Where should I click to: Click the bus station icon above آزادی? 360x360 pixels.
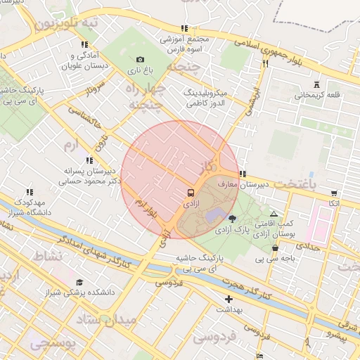(191, 192)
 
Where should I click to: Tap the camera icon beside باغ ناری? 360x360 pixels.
(140, 60)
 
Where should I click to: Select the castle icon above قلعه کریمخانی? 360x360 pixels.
(318, 84)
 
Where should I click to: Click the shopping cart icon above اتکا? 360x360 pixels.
(333, 192)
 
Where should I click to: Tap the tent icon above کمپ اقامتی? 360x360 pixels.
(274, 213)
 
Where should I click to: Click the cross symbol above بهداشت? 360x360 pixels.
(227, 300)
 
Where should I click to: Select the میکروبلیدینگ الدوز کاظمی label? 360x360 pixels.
(204, 98)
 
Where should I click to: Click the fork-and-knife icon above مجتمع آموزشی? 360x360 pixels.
(184, 29)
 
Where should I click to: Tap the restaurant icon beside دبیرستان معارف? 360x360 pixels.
(242, 174)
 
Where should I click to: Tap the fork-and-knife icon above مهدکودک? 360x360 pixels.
(30, 192)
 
